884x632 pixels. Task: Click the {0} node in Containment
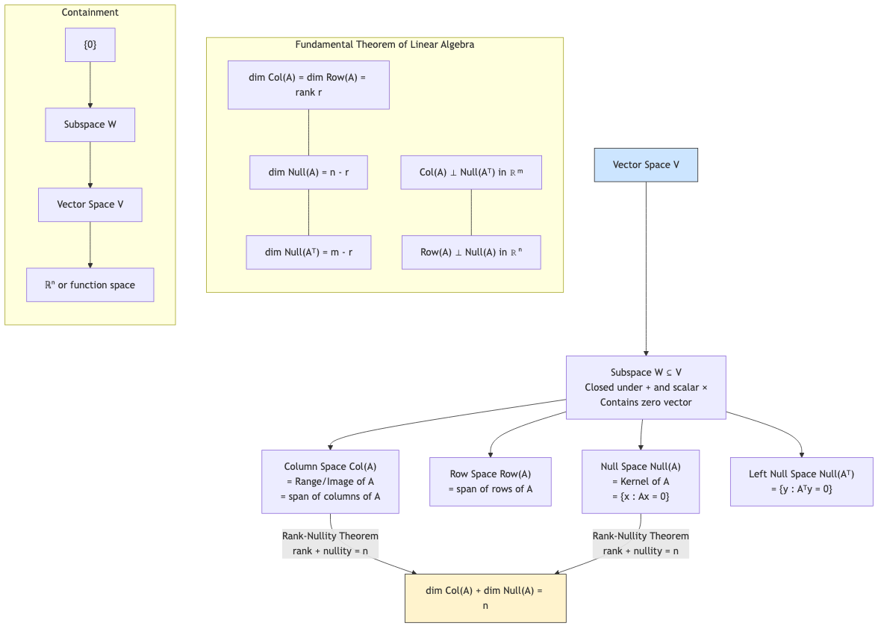90,45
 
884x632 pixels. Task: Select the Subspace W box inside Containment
90,125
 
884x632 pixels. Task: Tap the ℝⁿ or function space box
90,285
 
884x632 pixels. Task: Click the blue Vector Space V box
646,165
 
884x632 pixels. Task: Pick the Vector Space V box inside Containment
90,205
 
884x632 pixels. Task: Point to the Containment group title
90,13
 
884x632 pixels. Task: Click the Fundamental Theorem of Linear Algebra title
385,45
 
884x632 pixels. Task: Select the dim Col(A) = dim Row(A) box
308,85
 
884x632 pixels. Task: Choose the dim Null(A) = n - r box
308,173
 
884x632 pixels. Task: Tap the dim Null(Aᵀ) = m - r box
308,253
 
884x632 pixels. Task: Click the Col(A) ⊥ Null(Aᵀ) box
471,173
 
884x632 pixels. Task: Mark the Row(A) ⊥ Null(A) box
471,253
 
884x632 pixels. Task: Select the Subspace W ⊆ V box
646,387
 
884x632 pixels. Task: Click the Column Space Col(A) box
330,482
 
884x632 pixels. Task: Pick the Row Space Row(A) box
491,482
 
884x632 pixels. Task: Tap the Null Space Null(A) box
641,482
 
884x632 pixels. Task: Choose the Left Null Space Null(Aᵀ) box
801,482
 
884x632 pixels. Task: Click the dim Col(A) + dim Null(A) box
485,598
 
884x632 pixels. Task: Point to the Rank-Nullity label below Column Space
330,544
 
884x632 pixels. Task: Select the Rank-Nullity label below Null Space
641,544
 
